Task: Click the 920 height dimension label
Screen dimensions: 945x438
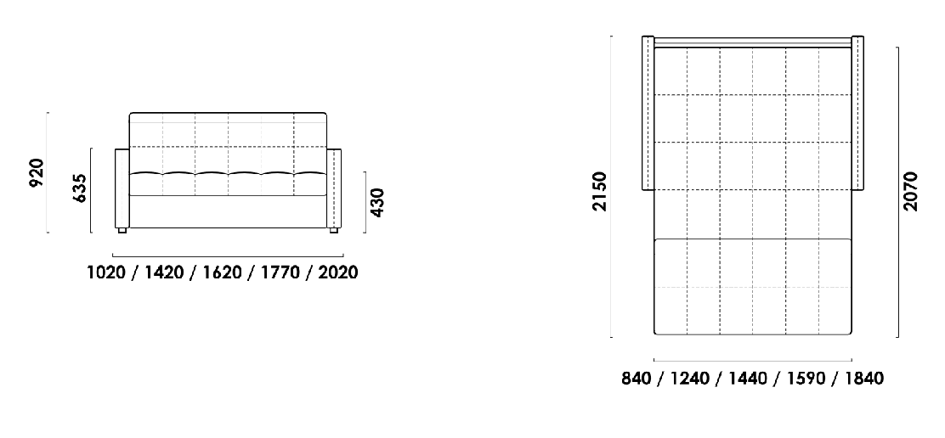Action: tap(37, 172)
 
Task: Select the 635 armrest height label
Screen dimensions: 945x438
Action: tap(80, 188)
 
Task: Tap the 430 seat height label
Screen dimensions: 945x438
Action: tap(376, 203)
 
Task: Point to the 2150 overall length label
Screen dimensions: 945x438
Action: tap(600, 191)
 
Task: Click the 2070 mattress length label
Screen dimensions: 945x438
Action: tap(910, 191)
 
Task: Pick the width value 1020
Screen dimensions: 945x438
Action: tap(107, 272)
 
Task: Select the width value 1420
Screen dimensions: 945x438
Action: tap(164, 272)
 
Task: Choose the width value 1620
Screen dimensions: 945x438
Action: tap(222, 272)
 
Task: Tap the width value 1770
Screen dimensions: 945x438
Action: tap(280, 272)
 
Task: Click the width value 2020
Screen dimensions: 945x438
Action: tap(337, 272)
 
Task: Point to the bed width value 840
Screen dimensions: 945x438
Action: tap(637, 379)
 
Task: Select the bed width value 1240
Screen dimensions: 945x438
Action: tap(690, 379)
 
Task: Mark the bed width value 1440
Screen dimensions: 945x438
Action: tap(748, 379)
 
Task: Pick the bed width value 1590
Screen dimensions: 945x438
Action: tap(806, 379)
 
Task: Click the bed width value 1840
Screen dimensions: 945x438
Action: tap(864, 379)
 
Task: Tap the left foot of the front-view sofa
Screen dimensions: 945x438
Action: tap(122, 230)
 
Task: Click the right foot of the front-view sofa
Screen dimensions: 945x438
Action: tap(333, 230)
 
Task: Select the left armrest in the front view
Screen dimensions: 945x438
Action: tap(122, 188)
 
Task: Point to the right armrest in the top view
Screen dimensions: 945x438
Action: tap(857, 113)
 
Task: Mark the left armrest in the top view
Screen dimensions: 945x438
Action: tap(648, 113)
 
